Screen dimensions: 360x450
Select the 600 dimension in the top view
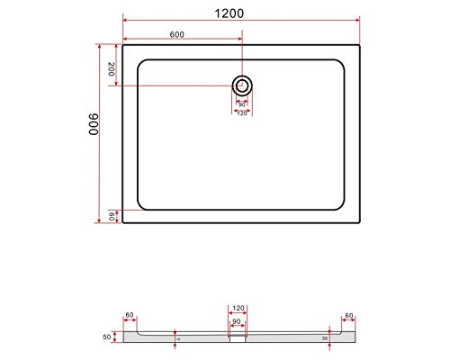point(177,34)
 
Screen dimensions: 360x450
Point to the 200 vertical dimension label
point(111,68)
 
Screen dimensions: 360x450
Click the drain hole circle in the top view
point(241,85)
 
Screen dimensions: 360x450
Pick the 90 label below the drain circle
point(241,103)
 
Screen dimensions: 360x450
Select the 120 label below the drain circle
point(241,113)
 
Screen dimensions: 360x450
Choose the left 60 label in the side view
point(130,316)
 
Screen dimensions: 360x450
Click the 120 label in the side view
point(238,307)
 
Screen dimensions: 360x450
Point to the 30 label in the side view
point(324,339)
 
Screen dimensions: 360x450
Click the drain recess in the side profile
point(238,339)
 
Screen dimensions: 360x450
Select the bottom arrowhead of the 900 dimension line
point(99,221)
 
